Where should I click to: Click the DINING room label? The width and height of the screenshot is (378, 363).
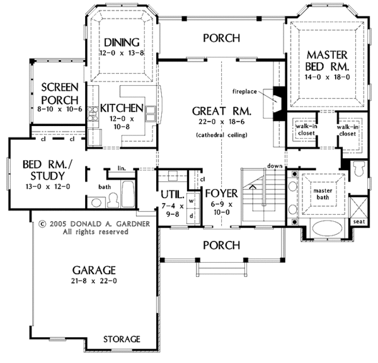point(122,42)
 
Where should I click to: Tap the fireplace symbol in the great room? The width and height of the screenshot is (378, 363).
point(278,103)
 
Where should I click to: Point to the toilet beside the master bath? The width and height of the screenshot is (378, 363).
point(359,169)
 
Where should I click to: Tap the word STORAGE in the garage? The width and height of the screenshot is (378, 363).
point(122,339)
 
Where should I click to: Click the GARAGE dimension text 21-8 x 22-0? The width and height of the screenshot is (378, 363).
point(94,281)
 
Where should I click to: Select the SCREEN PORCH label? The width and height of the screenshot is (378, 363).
point(60,93)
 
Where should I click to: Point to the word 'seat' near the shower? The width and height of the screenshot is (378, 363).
point(359,221)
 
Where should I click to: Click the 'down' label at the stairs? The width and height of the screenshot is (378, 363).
point(275,166)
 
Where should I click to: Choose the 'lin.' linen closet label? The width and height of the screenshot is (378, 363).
point(122,168)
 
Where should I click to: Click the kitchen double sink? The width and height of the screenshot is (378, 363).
point(150,113)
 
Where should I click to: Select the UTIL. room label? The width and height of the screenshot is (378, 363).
point(173,194)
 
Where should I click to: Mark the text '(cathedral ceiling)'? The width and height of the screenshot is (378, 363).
point(222,135)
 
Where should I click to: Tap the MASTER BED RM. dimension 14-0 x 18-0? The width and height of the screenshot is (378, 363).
point(327,77)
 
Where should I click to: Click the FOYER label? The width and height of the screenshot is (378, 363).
point(222,193)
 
